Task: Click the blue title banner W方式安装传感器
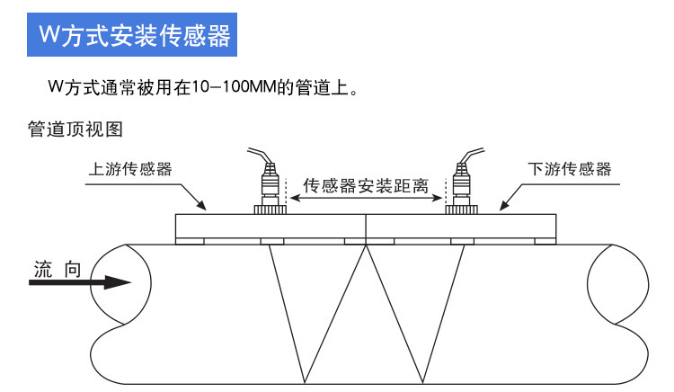(x=136, y=36)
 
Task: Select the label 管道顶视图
(x=75, y=129)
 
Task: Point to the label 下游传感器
(x=569, y=168)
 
